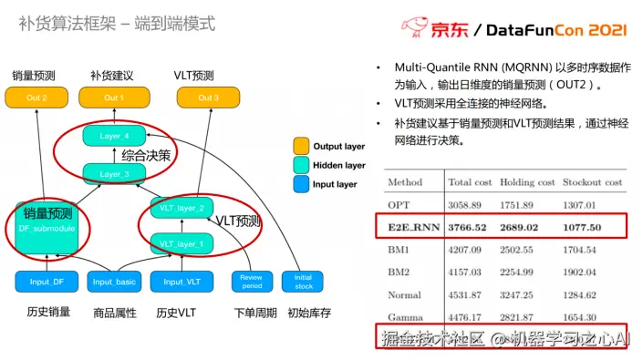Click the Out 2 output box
click(32, 98)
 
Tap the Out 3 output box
click(208, 98)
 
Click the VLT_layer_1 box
click(181, 244)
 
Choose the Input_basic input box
click(115, 282)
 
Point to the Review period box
click(251, 282)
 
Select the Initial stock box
click(303, 282)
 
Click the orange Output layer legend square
click(300, 145)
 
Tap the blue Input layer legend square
click(300, 183)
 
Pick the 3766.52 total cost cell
click(468, 224)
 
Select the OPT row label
click(399, 204)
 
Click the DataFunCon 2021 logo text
click(557, 29)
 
